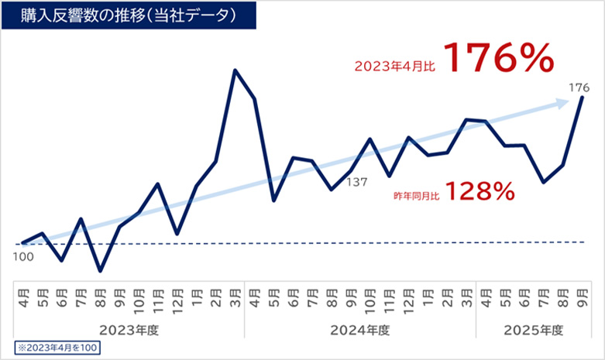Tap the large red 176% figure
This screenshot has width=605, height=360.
point(500,59)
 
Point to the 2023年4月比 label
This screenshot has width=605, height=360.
point(394,67)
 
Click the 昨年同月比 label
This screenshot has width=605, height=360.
point(417,197)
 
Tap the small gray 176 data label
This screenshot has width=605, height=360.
point(580,87)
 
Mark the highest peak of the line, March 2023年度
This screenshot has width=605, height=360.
point(235,70)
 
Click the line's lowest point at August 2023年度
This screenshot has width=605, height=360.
point(100,271)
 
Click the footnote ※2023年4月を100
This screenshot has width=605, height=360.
point(57,346)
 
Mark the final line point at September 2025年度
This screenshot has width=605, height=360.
point(582,98)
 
